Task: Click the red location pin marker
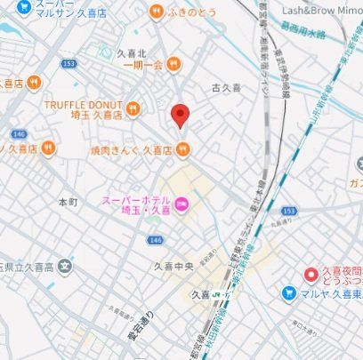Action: [181, 116]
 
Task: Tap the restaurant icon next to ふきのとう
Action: [156, 12]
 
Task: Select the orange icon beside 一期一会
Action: [173, 64]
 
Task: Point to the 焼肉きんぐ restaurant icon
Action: [184, 150]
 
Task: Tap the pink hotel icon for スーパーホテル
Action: [181, 207]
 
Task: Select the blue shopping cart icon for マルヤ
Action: [288, 292]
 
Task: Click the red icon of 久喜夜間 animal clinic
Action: [311, 275]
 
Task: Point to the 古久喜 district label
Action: [226, 87]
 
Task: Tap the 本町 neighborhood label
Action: [68, 203]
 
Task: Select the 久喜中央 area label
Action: [174, 266]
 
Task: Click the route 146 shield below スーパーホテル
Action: [156, 240]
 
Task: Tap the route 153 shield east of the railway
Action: [287, 211]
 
